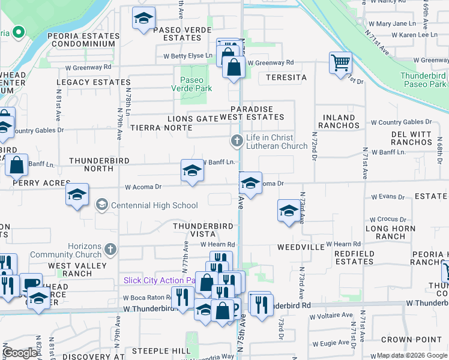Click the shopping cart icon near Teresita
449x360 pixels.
[340, 62]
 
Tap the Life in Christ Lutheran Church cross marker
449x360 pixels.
[237, 141]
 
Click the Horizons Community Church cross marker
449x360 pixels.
[110, 248]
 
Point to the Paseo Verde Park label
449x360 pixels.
[196, 84]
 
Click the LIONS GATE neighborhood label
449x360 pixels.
[192, 119]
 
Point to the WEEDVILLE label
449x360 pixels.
[301, 247]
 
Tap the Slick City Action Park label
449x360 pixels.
[160, 280]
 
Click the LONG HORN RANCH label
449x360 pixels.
[394, 232]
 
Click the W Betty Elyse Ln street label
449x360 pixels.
[188, 56]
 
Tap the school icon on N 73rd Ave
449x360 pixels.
[289, 211]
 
